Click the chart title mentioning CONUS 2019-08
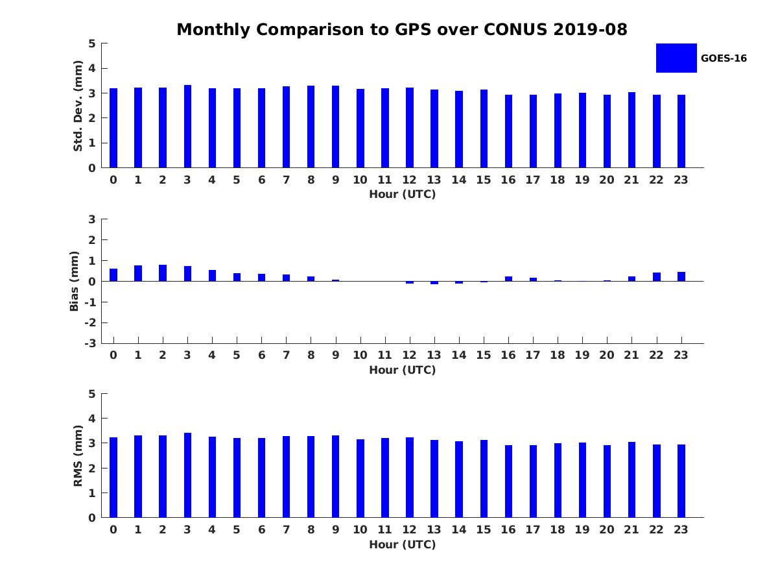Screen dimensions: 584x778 [402, 30]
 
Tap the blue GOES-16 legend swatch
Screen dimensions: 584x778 [676, 58]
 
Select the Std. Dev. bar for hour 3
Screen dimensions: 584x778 [187, 127]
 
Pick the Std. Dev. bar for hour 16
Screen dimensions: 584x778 [508, 131]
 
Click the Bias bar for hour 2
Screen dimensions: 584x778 [163, 273]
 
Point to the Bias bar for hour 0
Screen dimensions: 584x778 [113, 275]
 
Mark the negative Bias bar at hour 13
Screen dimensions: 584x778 [434, 283]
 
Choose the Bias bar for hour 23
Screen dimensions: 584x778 [681, 276]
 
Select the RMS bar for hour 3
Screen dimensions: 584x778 [187, 475]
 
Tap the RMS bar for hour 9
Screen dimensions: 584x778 [336, 476]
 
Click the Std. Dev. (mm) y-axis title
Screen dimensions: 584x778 [78, 106]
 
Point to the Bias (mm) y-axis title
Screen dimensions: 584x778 [75, 281]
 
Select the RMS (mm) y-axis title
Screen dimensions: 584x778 [78, 456]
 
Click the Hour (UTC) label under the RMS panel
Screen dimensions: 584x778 [402, 544]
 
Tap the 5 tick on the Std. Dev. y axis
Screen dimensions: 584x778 [93, 43]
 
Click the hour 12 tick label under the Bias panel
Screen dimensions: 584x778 [409, 355]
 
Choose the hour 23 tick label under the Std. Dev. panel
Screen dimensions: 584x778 [681, 180]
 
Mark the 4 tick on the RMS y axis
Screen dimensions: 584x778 [93, 419]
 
